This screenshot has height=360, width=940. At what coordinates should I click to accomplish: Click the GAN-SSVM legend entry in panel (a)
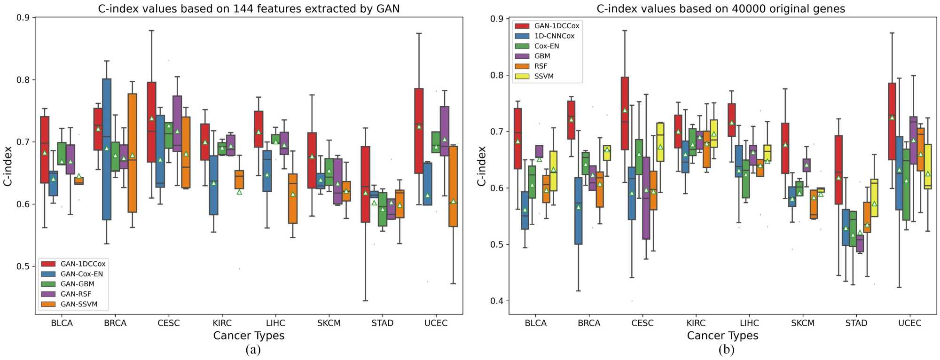coord(79,304)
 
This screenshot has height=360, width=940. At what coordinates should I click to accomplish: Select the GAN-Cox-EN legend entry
coord(81,274)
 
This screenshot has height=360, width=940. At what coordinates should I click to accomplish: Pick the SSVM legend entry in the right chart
coord(544,76)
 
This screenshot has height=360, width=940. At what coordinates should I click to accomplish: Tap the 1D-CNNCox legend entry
coord(554,36)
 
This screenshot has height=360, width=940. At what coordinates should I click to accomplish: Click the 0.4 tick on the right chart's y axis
coord(497,301)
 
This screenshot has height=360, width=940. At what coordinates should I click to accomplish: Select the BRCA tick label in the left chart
coord(115,323)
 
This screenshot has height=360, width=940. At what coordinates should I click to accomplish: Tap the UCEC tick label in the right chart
coord(909,323)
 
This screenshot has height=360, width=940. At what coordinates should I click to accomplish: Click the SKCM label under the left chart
coord(329,323)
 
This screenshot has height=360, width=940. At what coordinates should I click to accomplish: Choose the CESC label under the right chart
coord(642,323)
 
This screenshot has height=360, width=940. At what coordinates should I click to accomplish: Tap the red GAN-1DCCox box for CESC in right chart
coord(625,113)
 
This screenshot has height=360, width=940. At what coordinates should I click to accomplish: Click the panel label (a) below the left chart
coord(253,350)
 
